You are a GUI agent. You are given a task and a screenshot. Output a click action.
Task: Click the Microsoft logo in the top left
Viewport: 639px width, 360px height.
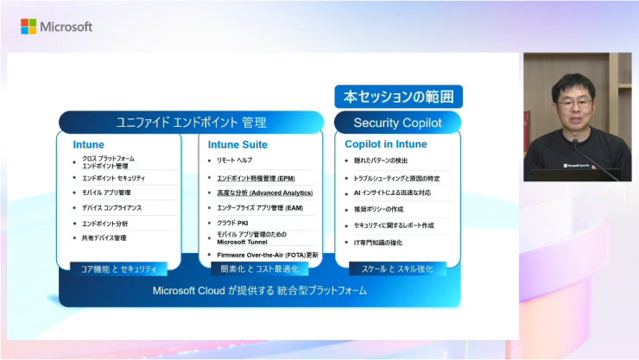pyautogui.click(x=56, y=27)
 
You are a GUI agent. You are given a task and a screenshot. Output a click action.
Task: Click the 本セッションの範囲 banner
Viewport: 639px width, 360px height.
pyautogui.click(x=398, y=96)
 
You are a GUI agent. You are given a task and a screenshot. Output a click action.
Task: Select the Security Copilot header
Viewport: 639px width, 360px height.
pyautogui.click(x=397, y=123)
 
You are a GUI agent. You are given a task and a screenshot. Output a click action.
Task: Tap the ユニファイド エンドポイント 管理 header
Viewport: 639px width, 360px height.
pyautogui.click(x=191, y=123)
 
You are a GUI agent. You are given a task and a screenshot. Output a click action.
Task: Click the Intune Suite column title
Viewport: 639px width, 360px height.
pyautogui.click(x=237, y=144)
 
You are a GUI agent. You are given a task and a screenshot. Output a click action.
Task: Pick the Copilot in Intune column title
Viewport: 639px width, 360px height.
pyautogui.click(x=386, y=144)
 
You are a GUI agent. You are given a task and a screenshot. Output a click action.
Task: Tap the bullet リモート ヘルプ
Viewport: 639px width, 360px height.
pyautogui.click(x=234, y=161)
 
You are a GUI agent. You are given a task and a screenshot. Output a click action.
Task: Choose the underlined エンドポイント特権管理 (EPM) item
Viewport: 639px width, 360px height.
pyautogui.click(x=256, y=178)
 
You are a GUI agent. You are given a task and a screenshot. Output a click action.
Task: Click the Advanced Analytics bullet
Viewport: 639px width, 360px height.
pyautogui.click(x=264, y=193)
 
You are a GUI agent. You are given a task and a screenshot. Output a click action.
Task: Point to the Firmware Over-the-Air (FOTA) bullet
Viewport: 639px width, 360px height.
pyautogui.click(x=268, y=255)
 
